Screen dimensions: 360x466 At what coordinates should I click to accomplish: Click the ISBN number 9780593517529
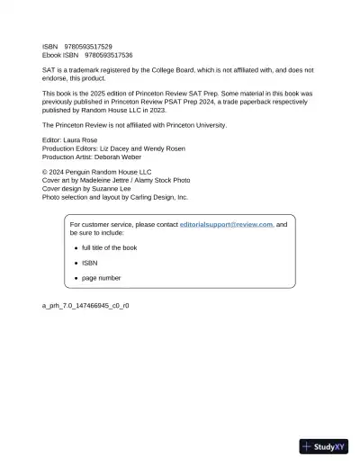[x=88, y=46]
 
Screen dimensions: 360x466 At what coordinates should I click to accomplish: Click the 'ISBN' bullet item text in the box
[x=89, y=263]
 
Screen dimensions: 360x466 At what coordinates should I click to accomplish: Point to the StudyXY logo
[x=324, y=446]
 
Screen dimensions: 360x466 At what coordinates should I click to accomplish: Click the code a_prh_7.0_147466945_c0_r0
[x=85, y=306]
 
